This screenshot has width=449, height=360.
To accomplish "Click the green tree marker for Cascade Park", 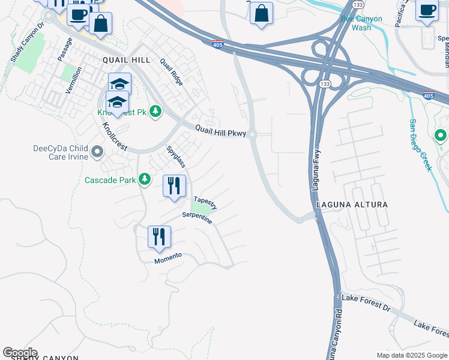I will coord(144,179).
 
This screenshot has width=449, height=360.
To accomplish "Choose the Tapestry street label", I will coord(205,203).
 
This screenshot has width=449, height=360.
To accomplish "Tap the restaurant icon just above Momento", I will coord(160,236).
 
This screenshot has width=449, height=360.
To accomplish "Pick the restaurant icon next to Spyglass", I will coord(174,186).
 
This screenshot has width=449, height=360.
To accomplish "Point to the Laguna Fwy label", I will coord(316,171).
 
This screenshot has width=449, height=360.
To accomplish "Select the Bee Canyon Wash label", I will coord(361,23).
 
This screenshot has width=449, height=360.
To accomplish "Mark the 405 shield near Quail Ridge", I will coord(217,44).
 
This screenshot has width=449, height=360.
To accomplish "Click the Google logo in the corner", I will coord(20,353).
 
